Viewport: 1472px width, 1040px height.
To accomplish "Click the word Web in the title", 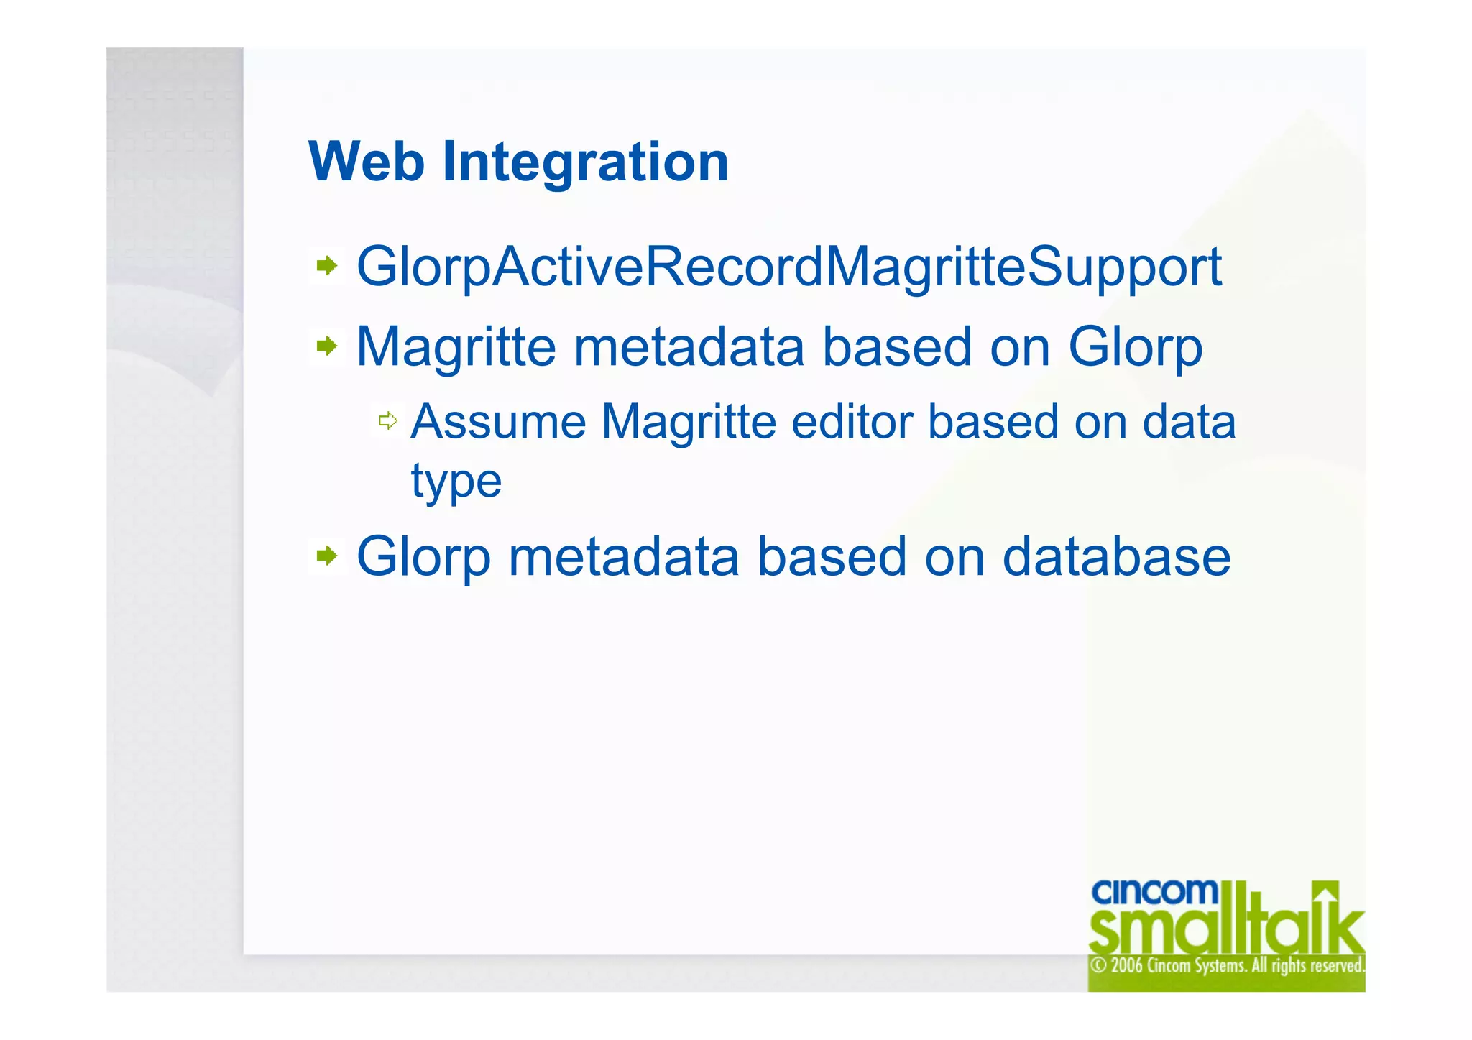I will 366,162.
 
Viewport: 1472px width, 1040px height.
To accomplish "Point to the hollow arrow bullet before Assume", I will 388,420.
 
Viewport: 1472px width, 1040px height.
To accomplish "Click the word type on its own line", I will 456,482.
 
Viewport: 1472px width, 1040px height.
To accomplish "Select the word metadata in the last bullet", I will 623,557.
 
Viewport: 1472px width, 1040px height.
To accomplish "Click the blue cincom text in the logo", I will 1154,893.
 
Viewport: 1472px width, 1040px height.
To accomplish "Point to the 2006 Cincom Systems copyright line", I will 1226,965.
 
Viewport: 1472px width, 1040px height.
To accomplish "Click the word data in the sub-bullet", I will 1189,422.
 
